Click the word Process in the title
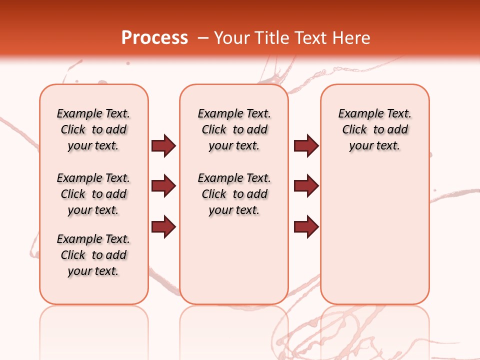coord(154,38)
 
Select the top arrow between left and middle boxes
coord(163,145)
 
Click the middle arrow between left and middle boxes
coord(163,186)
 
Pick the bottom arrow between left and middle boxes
coord(163,227)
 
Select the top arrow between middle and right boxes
coord(306,145)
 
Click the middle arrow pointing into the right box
coord(306,186)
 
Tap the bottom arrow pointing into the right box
coord(306,227)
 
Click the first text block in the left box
coord(93,129)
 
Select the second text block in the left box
coord(93,194)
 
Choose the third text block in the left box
coord(93,255)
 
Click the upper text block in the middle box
coord(234,129)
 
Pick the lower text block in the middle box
coord(234,194)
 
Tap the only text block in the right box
coord(374,129)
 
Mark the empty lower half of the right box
coord(374,240)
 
